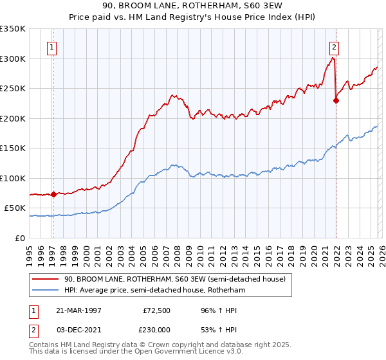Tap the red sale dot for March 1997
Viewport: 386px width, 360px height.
click(x=54, y=194)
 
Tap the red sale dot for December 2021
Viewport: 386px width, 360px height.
click(x=336, y=100)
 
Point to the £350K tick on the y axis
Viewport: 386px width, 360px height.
click(x=13, y=29)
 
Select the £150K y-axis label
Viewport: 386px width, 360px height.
click(x=13, y=148)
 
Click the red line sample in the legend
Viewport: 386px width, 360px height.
click(x=45, y=279)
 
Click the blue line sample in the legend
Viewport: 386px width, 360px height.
click(x=45, y=291)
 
